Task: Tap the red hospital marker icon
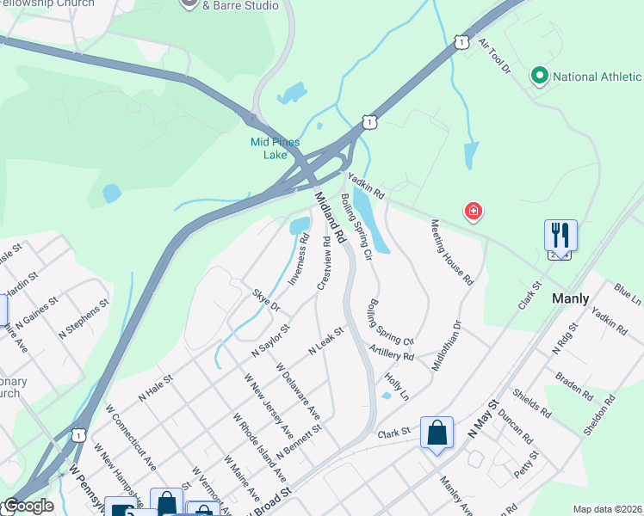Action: [473, 211]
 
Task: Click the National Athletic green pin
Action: [540, 77]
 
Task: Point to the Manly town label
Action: [570, 298]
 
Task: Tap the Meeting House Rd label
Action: [452, 251]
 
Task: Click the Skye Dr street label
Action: [266, 299]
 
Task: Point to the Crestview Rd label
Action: [324, 262]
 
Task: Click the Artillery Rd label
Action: [390, 351]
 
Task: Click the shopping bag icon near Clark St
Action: [437, 433]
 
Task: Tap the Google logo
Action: [28, 506]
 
